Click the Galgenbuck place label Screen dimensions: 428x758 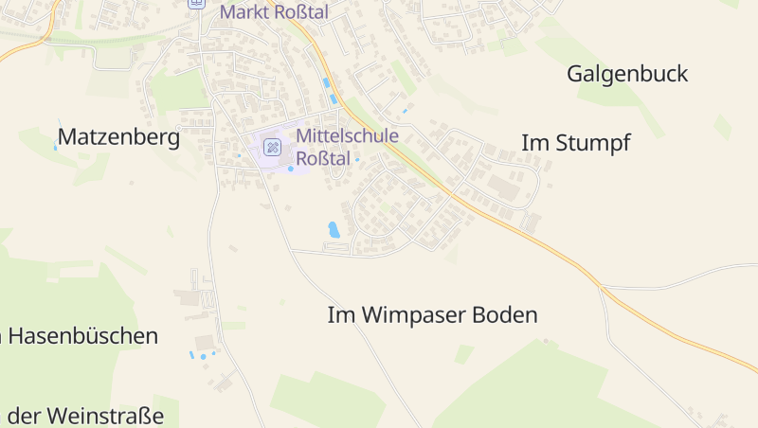coord(627,74)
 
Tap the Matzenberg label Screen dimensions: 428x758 coord(118,137)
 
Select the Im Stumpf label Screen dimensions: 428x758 coord(575,143)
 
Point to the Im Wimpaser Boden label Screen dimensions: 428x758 coord(432,315)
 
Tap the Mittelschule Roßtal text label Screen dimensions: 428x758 coord(347,147)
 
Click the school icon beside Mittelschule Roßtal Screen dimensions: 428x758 coord(272,147)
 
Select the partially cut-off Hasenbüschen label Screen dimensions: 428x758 coord(80,335)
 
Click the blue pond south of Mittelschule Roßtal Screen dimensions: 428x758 coord(334,229)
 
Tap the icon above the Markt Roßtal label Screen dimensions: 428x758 coord(196,3)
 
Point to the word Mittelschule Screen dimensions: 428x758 coord(347,135)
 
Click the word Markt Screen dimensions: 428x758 coord(240,11)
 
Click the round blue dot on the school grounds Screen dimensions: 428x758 coord(290,169)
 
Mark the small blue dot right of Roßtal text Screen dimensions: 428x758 coord(357,160)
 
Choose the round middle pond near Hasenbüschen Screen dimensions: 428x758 coord(202,357)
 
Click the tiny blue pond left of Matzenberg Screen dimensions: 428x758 coord(55,148)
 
